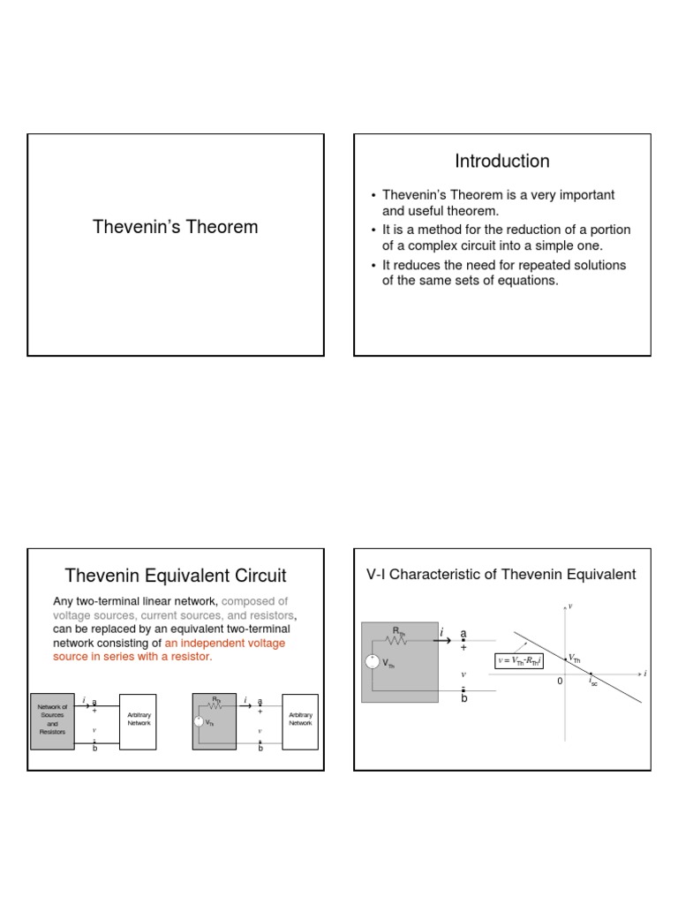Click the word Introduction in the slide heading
pyautogui.click(x=502, y=161)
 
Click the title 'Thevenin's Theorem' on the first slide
pyautogui.click(x=176, y=227)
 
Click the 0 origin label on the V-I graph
pyautogui.click(x=559, y=682)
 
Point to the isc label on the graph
pyautogui.click(x=593, y=682)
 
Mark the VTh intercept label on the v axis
pyautogui.click(x=575, y=659)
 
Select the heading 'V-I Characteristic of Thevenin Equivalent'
pyautogui.click(x=501, y=575)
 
